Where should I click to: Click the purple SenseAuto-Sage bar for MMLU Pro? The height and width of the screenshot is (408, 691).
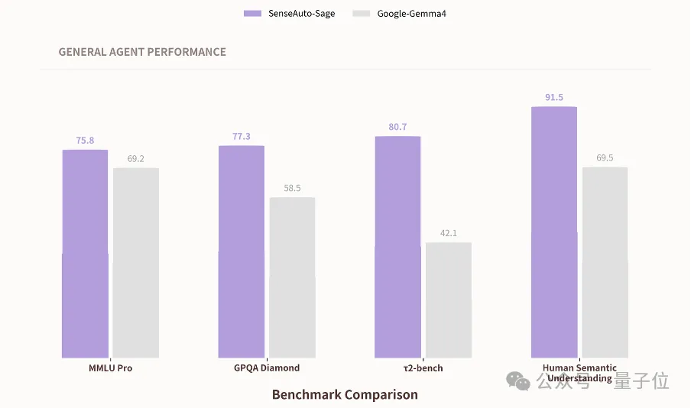(x=85, y=254)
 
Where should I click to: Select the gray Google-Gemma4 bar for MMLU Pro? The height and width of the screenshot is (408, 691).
(x=136, y=263)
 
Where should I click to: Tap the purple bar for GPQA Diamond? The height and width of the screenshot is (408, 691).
(x=242, y=251)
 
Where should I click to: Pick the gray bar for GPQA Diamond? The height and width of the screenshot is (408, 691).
(x=292, y=277)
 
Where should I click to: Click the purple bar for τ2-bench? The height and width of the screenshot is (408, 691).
(x=397, y=247)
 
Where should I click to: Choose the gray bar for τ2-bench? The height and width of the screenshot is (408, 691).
(x=449, y=300)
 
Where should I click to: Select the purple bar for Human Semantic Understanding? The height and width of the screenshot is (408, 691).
(x=554, y=232)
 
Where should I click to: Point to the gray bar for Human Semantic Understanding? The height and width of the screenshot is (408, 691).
(x=605, y=262)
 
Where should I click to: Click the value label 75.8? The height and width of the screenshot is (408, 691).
(x=85, y=141)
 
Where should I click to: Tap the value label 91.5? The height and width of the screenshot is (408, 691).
(x=554, y=98)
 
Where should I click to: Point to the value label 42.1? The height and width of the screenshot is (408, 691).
(x=449, y=233)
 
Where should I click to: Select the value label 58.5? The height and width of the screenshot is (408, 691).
(x=292, y=188)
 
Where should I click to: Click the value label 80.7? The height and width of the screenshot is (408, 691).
(x=397, y=127)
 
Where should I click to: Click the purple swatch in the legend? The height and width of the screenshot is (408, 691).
(x=252, y=14)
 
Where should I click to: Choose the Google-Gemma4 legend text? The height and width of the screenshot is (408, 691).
(x=411, y=14)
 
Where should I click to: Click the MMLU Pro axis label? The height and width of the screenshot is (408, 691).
(x=111, y=368)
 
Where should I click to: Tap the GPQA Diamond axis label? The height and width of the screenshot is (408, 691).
(x=267, y=368)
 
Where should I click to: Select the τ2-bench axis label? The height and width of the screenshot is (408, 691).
(x=423, y=368)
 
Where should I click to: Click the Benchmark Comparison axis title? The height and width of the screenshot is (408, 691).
(x=345, y=395)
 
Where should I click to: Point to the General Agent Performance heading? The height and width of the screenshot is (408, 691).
(x=142, y=52)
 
